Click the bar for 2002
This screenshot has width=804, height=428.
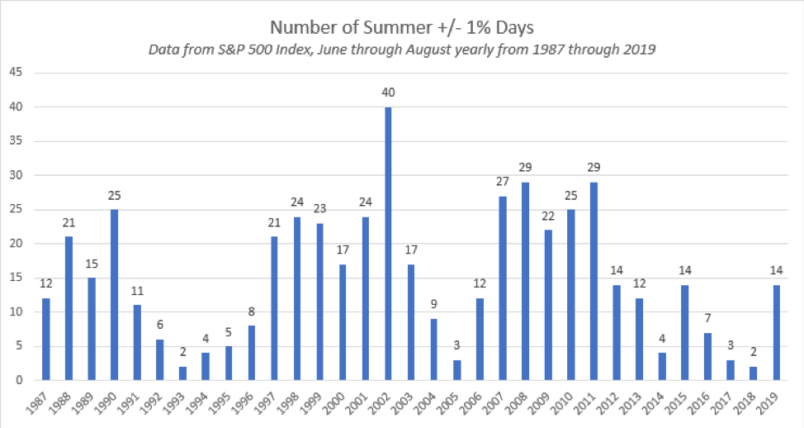pos(388,244)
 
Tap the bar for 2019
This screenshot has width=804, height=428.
pos(775,332)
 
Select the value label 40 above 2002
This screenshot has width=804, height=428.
pos(388,93)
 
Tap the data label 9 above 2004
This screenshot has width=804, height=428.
pos(433,305)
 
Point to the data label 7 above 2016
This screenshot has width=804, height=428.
pos(707,318)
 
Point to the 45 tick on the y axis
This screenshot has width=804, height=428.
pos(15,73)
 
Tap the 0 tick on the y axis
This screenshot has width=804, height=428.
pos(18,380)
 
